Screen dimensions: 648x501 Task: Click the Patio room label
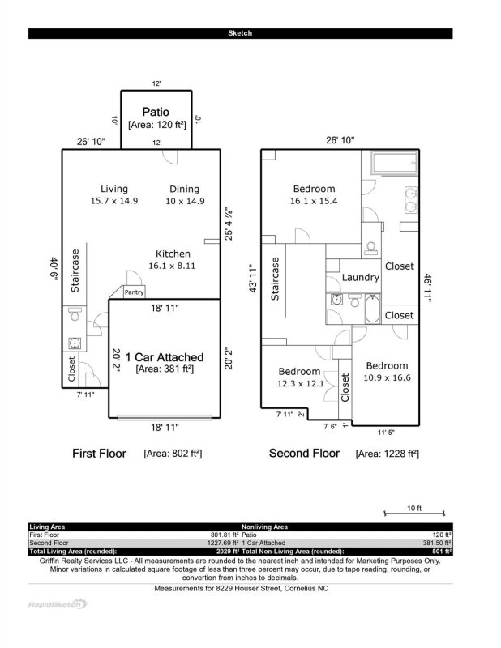click(x=156, y=111)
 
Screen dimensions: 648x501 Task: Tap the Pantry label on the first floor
click(x=134, y=292)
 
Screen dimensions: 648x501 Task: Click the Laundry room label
click(x=360, y=277)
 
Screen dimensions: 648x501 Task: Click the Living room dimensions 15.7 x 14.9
click(x=114, y=200)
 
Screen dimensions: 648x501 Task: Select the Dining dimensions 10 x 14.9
click(x=184, y=200)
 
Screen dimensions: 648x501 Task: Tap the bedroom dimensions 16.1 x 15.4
click(x=314, y=200)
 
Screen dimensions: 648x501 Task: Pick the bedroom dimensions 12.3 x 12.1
click(x=300, y=383)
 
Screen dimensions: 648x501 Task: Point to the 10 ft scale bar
click(x=413, y=510)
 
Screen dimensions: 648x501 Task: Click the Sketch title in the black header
click(x=240, y=33)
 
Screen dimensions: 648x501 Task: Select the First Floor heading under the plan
click(x=100, y=453)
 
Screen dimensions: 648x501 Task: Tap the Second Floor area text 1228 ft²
click(x=387, y=454)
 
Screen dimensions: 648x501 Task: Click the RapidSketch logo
click(x=58, y=603)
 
